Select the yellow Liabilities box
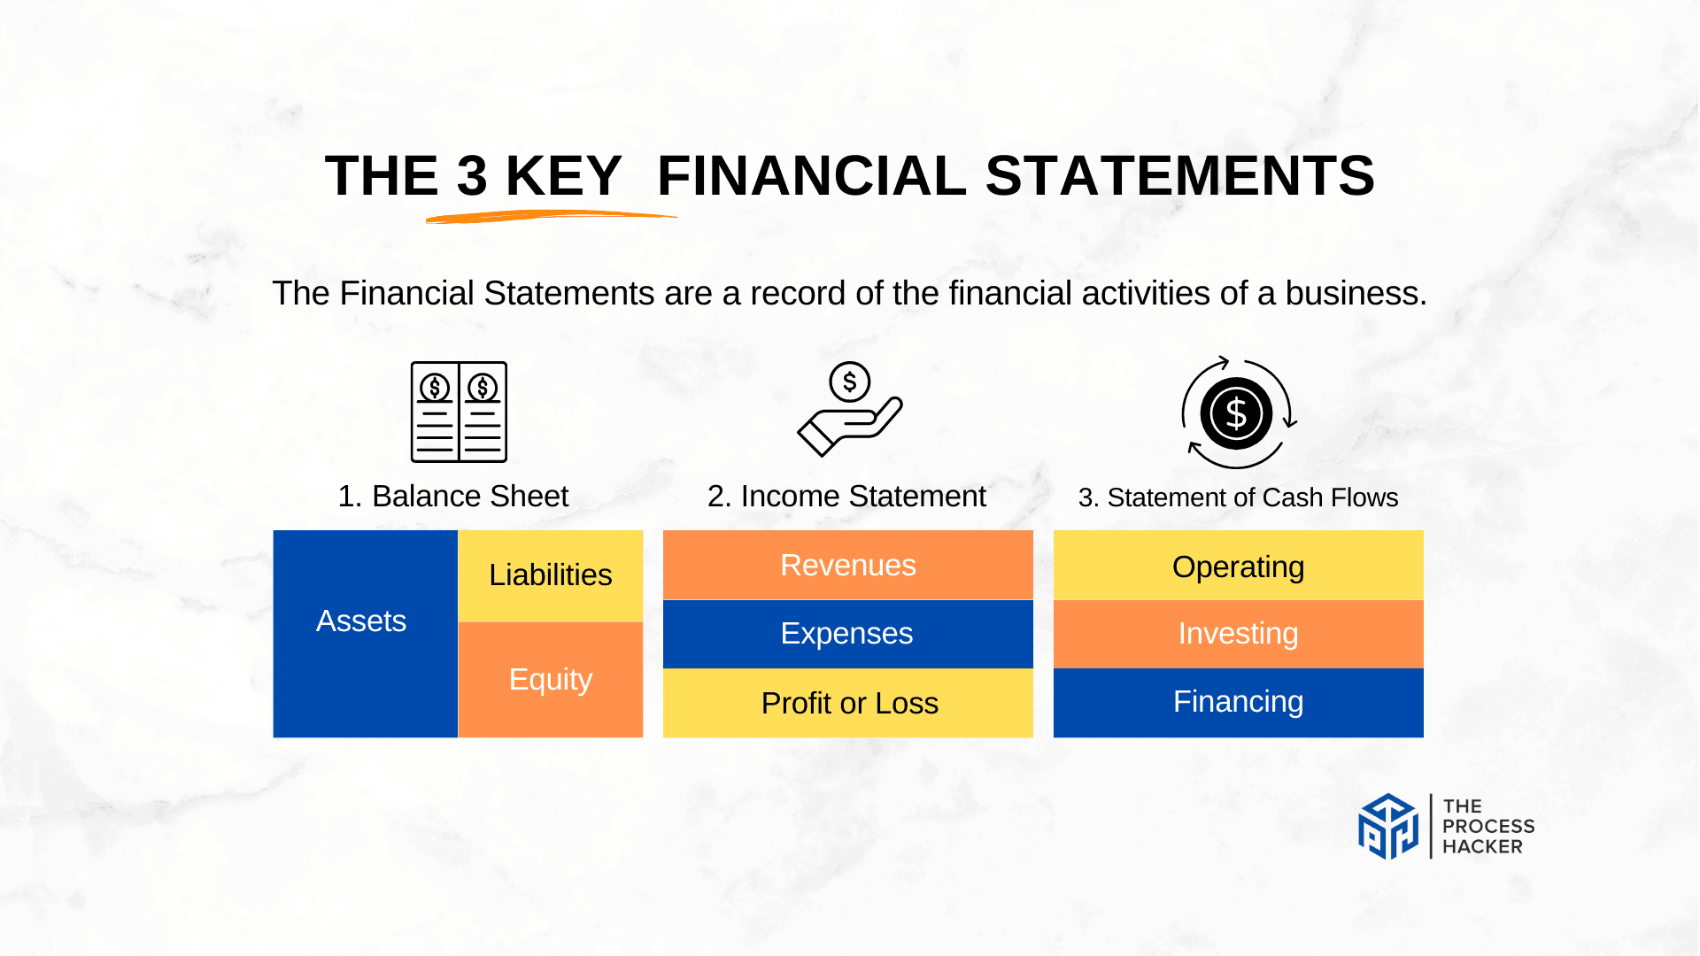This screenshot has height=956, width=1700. pyautogui.click(x=550, y=575)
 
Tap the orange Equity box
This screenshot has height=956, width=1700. pyautogui.click(x=550, y=679)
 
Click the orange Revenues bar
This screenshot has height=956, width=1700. pyautogui.click(x=847, y=565)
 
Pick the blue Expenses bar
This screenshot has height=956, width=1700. pyautogui.click(x=847, y=634)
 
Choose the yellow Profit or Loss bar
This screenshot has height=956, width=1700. pyautogui.click(x=847, y=703)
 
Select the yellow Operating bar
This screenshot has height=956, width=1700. pyautogui.click(x=1238, y=566)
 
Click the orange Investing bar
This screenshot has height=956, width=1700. pyautogui.click(x=1238, y=634)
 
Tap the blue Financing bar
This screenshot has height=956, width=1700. pyautogui.click(x=1238, y=702)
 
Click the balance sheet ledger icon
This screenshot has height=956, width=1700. pyautogui.click(x=459, y=412)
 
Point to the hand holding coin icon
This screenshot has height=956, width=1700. pyautogui.click(x=849, y=410)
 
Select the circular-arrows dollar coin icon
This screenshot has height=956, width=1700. pyautogui.click(x=1238, y=412)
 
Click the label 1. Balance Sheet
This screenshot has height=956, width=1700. pyautogui.click(x=452, y=497)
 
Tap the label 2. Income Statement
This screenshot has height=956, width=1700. pyautogui.click(x=846, y=497)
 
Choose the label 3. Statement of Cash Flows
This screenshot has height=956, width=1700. pyautogui.click(x=1238, y=497)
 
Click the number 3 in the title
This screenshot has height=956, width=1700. pyautogui.click(x=472, y=175)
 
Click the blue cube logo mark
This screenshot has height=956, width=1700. pyautogui.click(x=1387, y=826)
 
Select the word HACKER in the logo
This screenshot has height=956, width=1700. pyautogui.click(x=1482, y=847)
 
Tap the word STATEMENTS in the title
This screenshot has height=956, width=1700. pyautogui.click(x=1179, y=175)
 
